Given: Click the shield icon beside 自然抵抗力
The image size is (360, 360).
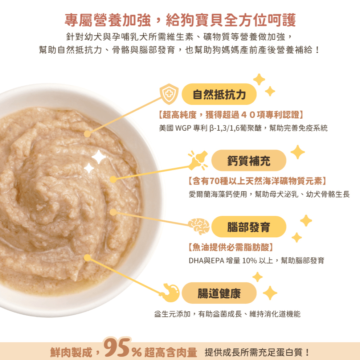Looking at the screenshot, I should tap(169, 93).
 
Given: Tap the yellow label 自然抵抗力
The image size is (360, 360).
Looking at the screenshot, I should tap(219, 94).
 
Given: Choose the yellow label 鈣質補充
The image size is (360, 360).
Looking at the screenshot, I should tap(249, 160).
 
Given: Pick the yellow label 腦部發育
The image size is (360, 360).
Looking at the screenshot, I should tap(249, 227).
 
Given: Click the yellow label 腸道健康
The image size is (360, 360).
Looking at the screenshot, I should tap(219, 293).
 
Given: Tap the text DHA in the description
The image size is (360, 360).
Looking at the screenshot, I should tap(196, 261).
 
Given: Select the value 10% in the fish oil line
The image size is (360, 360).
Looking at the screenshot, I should tap(249, 261).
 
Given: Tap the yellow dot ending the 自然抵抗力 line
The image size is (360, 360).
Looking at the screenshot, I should tap(87, 134).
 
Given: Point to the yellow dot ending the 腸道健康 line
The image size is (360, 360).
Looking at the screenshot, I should tap(87, 258).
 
